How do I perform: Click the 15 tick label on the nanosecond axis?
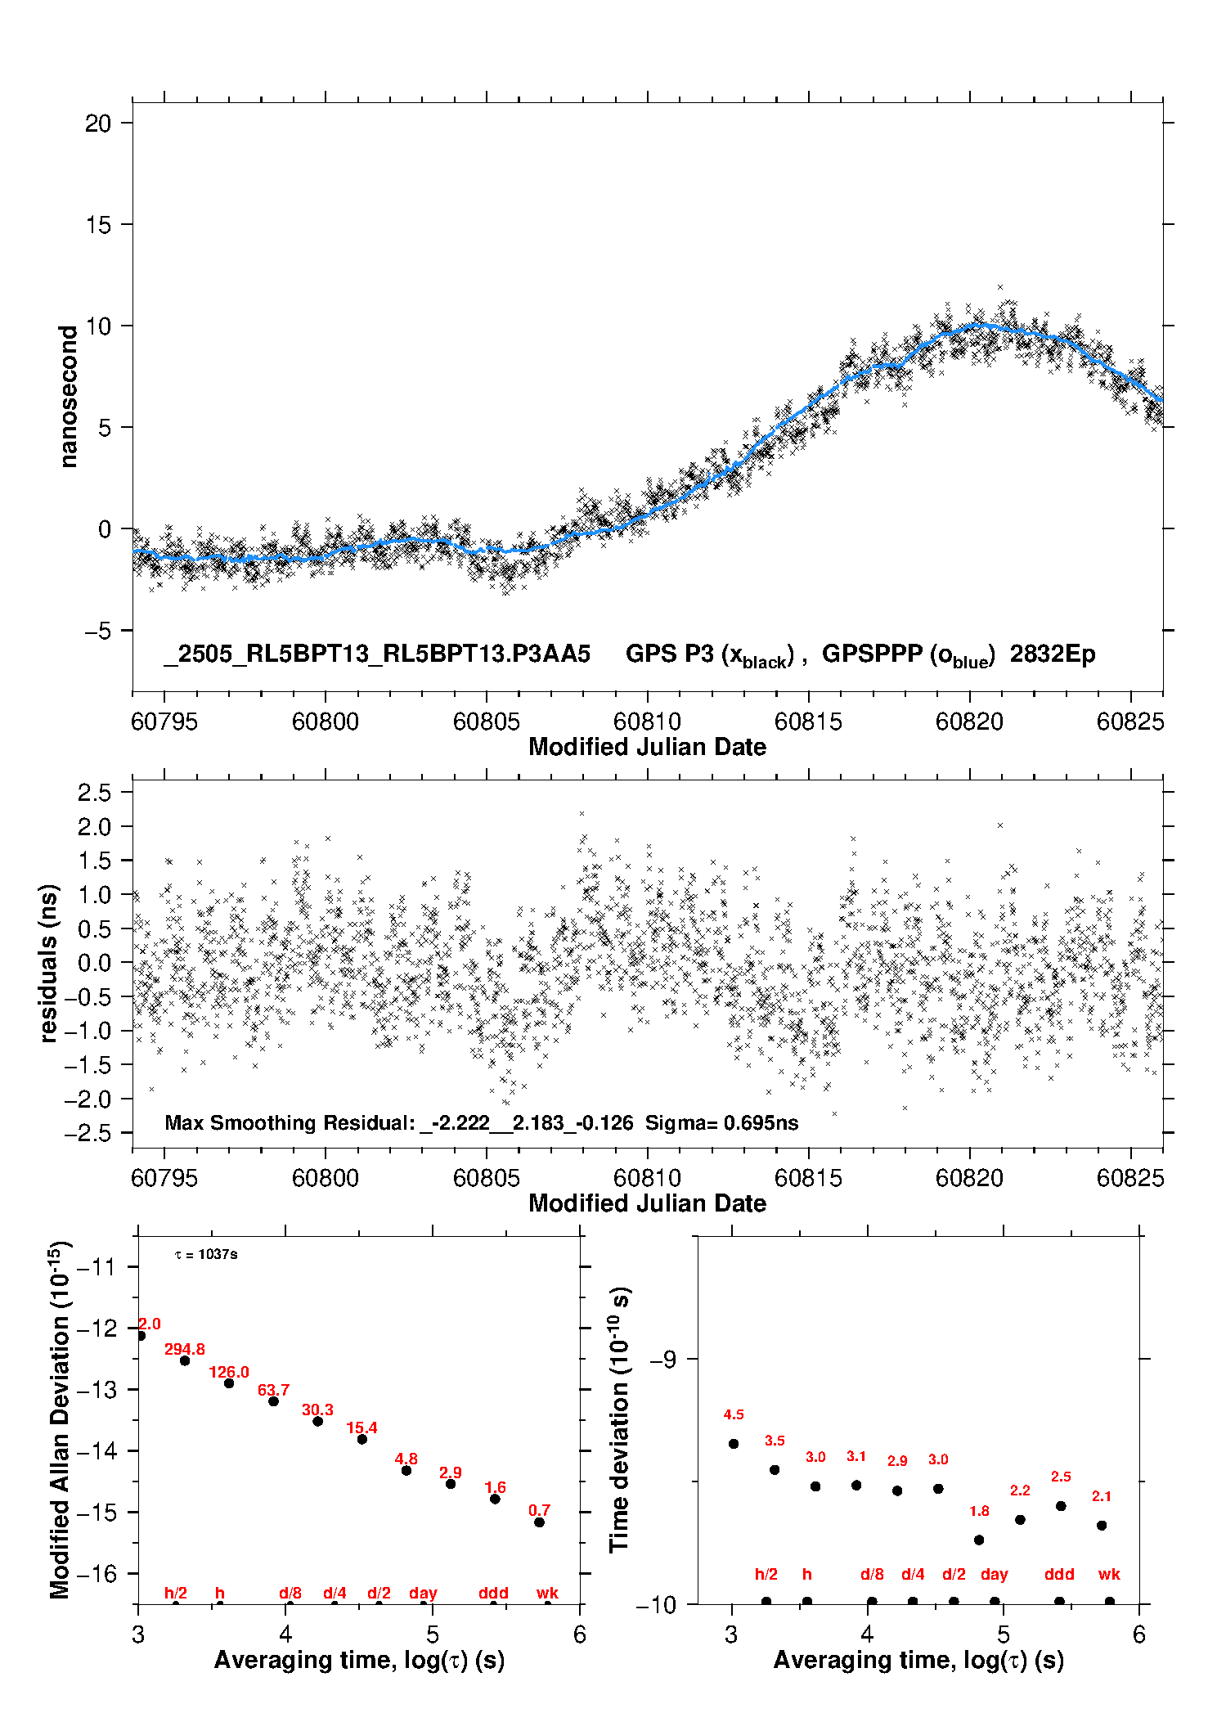point(98,225)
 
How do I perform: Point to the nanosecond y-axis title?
point(69,397)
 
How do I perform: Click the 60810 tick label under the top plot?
point(647,722)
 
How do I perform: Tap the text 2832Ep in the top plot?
point(1053,654)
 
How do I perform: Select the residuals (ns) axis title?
point(49,963)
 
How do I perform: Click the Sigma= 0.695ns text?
point(721,1122)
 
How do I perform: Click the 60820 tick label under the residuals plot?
point(969,1178)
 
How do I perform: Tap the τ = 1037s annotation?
point(206,1254)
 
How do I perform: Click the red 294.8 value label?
point(185,1349)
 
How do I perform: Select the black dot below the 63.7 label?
point(274,1401)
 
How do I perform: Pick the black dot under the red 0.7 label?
point(540,1522)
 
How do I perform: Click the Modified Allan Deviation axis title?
point(60,1419)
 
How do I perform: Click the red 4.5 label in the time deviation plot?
point(734,1414)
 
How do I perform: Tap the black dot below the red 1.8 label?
point(979,1540)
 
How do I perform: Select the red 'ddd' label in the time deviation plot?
point(1059,1574)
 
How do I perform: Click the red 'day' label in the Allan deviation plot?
point(423,1594)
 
